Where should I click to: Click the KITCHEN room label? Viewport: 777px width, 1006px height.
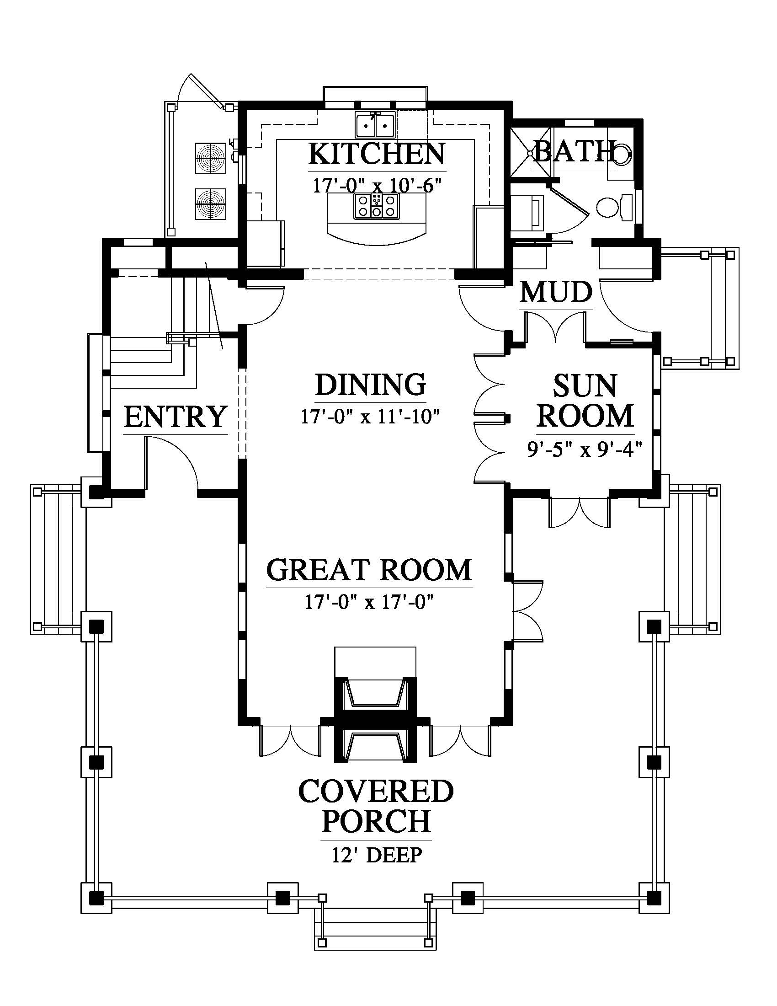tap(377, 154)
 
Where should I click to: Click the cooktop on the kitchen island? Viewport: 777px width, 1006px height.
tap(377, 206)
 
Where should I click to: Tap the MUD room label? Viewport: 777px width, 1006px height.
tap(556, 292)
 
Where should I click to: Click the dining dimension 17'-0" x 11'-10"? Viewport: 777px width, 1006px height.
tap(371, 417)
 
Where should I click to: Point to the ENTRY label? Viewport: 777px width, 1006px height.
tap(176, 417)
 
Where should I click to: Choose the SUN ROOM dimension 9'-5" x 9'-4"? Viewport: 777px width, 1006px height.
tap(585, 449)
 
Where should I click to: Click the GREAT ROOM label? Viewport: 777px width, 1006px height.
tap(369, 570)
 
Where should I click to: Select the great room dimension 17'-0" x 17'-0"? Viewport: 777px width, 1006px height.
tap(370, 602)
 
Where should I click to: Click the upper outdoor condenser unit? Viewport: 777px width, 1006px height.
tap(211, 159)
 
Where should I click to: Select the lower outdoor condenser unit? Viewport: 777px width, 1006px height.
tap(211, 203)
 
